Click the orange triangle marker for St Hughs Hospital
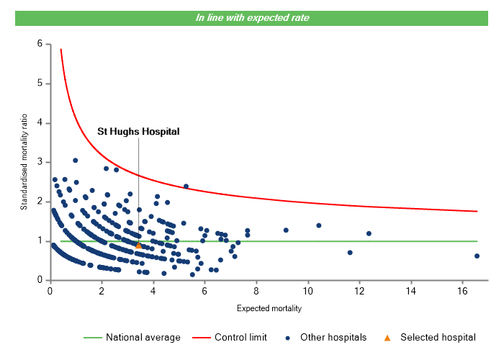coord(139,246)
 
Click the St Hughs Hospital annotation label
coord(138,132)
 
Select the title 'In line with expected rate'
coord(252,18)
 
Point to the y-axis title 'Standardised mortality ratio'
coord(24,161)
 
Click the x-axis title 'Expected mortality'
coord(269,308)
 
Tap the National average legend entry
coord(137,337)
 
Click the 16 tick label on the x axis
coord(463,291)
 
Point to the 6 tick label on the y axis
coord(40,44)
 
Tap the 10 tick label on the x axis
coord(308,291)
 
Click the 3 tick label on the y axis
coord(40,162)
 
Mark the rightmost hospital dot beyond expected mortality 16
coord(477,256)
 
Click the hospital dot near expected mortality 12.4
coord(369,233)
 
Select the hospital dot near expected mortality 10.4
coord(318,225)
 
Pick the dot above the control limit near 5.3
coord(186,186)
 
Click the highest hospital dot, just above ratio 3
coord(75,161)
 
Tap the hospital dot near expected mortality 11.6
coord(350,253)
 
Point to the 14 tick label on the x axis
coord(411,291)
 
